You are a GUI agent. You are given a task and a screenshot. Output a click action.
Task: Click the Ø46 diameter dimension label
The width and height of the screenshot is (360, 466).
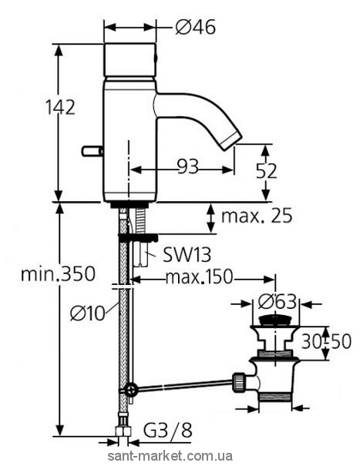pyautogui.click(x=195, y=28)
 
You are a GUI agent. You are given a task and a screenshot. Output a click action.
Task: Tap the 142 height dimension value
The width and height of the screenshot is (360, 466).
pyautogui.click(x=60, y=107)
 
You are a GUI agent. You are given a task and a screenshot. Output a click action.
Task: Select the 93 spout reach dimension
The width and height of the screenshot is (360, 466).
pyautogui.click(x=187, y=166)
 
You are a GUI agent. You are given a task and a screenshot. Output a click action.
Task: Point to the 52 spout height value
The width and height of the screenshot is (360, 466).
pyautogui.click(x=266, y=171)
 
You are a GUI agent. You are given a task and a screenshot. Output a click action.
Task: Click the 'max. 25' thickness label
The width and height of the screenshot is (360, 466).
pyautogui.click(x=257, y=216)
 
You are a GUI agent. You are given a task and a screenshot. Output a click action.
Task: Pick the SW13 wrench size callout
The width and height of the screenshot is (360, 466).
pyautogui.click(x=187, y=255)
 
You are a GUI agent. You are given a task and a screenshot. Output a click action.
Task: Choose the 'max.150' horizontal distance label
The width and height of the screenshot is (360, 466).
pyautogui.click(x=198, y=277)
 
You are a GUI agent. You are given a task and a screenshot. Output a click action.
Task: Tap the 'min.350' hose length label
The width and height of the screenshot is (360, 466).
pyautogui.click(x=58, y=273)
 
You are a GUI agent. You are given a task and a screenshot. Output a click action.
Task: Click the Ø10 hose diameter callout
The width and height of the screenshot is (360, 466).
pyautogui.click(x=88, y=313)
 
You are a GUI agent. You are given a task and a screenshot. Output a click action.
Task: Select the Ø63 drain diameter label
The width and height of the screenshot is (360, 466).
pyautogui.click(x=277, y=302)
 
